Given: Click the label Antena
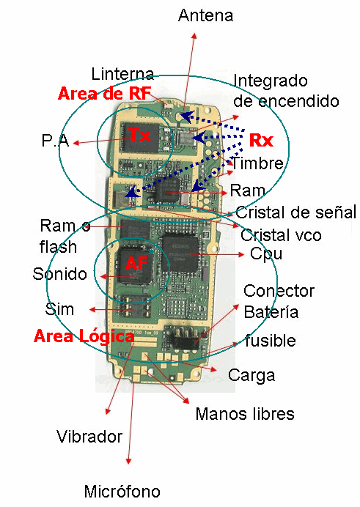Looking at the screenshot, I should click(x=205, y=15).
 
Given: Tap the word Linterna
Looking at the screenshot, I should click(x=122, y=74).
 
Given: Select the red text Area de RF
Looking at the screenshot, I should click(x=104, y=94).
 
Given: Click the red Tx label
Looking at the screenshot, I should click(x=140, y=136).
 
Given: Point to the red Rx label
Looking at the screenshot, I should click(x=261, y=140).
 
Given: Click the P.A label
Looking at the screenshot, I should click(x=55, y=141).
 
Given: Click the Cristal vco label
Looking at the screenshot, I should click(x=281, y=235).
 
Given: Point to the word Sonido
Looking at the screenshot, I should click(x=59, y=274).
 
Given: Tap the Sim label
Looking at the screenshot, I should click(x=59, y=309).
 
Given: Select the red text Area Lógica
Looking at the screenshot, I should click(x=84, y=336).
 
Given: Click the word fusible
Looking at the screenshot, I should click(x=271, y=341).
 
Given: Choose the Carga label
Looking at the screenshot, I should click(x=251, y=376).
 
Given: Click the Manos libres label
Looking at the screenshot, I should click(x=244, y=414).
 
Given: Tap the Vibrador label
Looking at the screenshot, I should click(x=89, y=437).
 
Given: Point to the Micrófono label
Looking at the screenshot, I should click(x=122, y=491).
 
